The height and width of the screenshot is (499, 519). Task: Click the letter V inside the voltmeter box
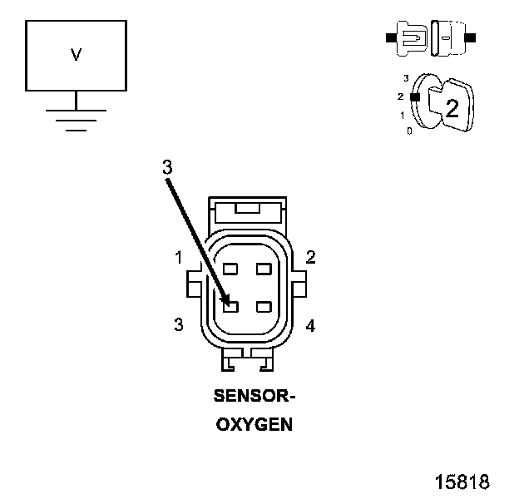point(76,56)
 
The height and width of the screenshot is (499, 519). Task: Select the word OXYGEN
point(255,424)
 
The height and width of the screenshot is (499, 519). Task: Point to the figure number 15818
point(462,482)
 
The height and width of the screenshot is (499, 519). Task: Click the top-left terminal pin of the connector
point(231,269)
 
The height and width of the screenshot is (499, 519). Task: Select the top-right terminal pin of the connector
point(264,269)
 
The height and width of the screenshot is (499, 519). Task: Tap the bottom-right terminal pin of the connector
point(264,307)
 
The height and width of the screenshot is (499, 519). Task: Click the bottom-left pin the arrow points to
point(231,307)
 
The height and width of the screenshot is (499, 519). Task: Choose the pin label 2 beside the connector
point(310,257)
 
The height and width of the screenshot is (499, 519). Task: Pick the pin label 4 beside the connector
point(310,326)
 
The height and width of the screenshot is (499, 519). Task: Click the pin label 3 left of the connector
point(179,325)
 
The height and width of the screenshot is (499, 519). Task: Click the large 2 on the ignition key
point(452,107)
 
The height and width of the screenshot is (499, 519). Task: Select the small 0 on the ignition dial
point(408,131)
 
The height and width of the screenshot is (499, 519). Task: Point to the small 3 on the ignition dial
point(406,78)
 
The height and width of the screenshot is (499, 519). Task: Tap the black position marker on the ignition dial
point(415,96)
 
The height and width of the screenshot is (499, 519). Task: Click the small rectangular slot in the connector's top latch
point(247,207)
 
